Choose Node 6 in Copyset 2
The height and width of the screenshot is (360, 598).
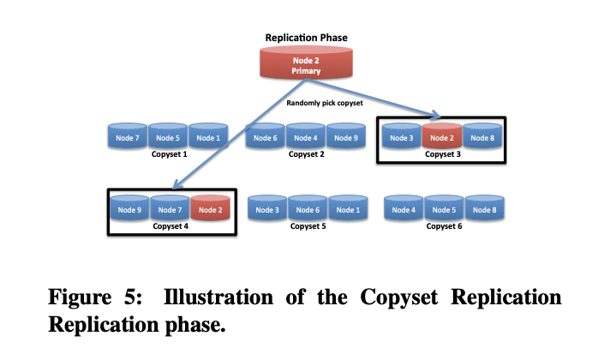[266, 137]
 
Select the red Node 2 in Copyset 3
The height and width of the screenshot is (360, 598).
[441, 137]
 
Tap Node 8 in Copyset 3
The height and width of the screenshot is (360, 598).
[482, 137]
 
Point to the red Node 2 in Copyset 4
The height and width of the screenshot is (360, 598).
[211, 209]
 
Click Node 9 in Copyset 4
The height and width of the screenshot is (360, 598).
[129, 209]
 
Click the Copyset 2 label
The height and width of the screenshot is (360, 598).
[307, 155]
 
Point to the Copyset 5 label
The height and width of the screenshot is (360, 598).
[308, 227]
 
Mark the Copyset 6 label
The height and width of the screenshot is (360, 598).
[443, 227]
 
